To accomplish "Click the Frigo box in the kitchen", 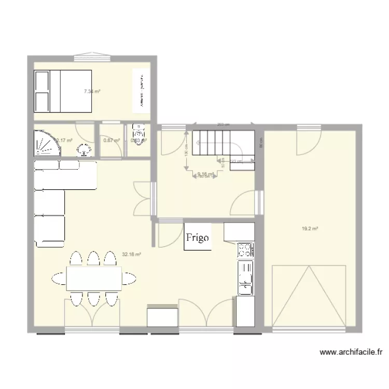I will [198, 238].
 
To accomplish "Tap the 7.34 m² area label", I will [92, 91].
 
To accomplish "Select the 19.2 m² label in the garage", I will [310, 228].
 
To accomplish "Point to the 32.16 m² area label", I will [131, 254].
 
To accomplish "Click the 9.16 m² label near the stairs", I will [205, 174].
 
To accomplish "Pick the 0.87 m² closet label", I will [111, 140].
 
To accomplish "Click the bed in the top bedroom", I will [63, 91].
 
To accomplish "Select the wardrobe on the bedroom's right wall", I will [140, 90].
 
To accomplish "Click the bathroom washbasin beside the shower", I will [84, 151].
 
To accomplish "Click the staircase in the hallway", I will [223, 143].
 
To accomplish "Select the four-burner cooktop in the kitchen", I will [245, 251].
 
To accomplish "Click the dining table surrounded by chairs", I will [93, 278].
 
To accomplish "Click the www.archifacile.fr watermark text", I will [351, 352].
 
